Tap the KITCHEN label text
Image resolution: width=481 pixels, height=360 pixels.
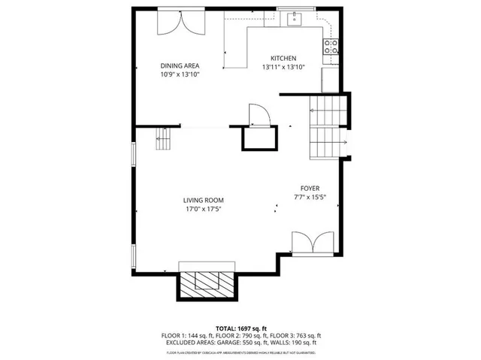point(283,59)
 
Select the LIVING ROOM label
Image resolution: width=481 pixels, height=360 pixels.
point(204,200)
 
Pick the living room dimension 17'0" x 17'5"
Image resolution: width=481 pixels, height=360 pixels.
point(204,209)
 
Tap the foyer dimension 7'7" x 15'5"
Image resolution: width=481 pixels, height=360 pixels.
point(309,197)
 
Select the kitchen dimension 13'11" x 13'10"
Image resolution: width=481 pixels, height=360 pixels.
point(283,68)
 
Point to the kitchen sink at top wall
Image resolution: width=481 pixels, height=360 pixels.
point(292,18)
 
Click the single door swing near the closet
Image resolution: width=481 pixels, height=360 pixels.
point(259,114)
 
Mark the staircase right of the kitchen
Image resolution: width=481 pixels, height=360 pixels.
point(327,128)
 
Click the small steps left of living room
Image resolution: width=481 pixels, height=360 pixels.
point(164,139)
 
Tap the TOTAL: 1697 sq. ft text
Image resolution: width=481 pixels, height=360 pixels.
point(240,328)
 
